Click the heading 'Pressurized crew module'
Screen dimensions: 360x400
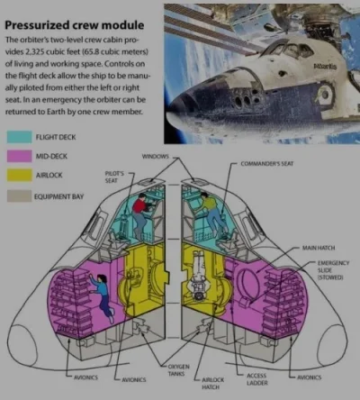point(74,25)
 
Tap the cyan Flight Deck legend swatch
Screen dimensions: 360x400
point(19,137)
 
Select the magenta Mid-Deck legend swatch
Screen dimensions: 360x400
point(19,156)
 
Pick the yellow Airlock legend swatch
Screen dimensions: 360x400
point(19,175)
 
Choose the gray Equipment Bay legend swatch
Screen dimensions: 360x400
point(19,195)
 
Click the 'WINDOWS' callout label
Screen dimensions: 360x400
point(155,157)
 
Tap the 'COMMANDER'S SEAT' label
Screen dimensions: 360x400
point(267,164)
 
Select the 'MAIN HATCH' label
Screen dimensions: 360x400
point(319,248)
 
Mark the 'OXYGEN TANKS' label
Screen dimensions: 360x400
point(178,370)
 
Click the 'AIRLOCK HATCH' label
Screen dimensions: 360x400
point(212,383)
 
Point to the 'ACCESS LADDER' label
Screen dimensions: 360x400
point(257,379)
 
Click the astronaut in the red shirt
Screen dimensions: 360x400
point(141,215)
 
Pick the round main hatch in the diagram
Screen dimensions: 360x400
point(247,281)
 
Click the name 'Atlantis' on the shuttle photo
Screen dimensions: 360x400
point(325,67)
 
